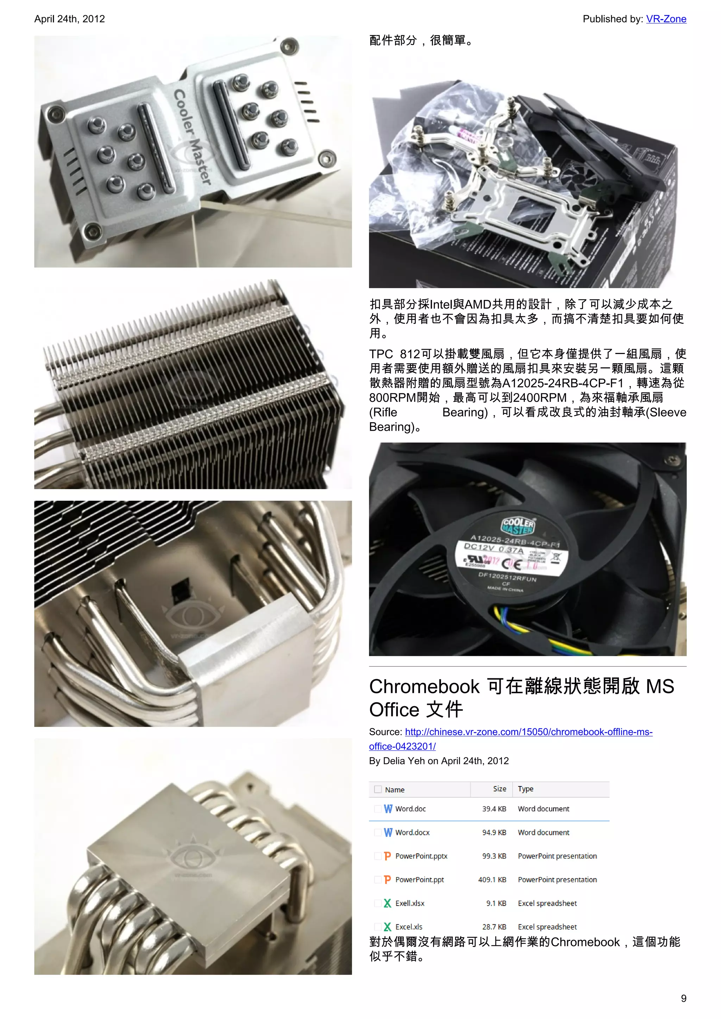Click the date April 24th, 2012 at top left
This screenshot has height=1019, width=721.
70,19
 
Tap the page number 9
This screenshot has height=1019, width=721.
683,998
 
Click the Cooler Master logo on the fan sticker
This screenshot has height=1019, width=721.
519,526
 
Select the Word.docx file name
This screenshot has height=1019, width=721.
413,833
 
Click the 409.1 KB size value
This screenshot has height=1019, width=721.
492,880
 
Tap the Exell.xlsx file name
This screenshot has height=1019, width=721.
410,903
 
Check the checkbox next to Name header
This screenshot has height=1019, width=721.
378,789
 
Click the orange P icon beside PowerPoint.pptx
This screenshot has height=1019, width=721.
388,856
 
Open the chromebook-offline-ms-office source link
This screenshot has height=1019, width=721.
528,732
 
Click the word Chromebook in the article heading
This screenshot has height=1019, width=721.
424,686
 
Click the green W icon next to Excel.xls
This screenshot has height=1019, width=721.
388,927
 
